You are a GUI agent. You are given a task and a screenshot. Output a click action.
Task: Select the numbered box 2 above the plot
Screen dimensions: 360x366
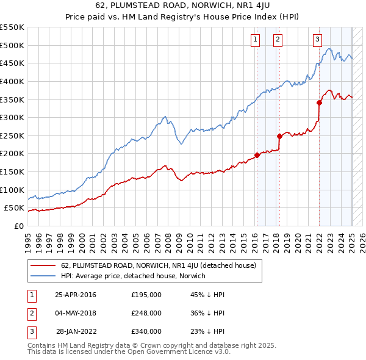pos(278,40)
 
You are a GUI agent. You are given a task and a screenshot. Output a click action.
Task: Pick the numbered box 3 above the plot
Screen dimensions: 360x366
pos(317,40)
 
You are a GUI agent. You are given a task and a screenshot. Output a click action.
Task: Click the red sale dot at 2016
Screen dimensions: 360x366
pos(257,155)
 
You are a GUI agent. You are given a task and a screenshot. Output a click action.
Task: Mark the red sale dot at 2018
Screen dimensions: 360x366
pos(279,136)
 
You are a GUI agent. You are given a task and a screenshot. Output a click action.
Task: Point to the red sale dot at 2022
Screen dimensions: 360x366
pos(319,103)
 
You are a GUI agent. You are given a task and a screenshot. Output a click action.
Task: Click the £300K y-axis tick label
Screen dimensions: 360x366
pos(12,117)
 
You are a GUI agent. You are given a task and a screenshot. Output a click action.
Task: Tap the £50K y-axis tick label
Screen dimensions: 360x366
pos(14,208)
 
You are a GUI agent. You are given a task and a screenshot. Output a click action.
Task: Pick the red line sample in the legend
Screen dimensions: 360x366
pos(43,266)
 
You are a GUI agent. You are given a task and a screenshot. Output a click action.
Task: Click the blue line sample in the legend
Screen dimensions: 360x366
pos(43,276)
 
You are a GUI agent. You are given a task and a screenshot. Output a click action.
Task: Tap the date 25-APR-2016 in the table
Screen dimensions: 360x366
pos(76,295)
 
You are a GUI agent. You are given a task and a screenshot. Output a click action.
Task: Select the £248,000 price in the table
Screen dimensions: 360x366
pos(146,313)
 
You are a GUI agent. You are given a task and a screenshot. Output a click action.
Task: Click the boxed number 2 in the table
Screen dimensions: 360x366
pos(31,313)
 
